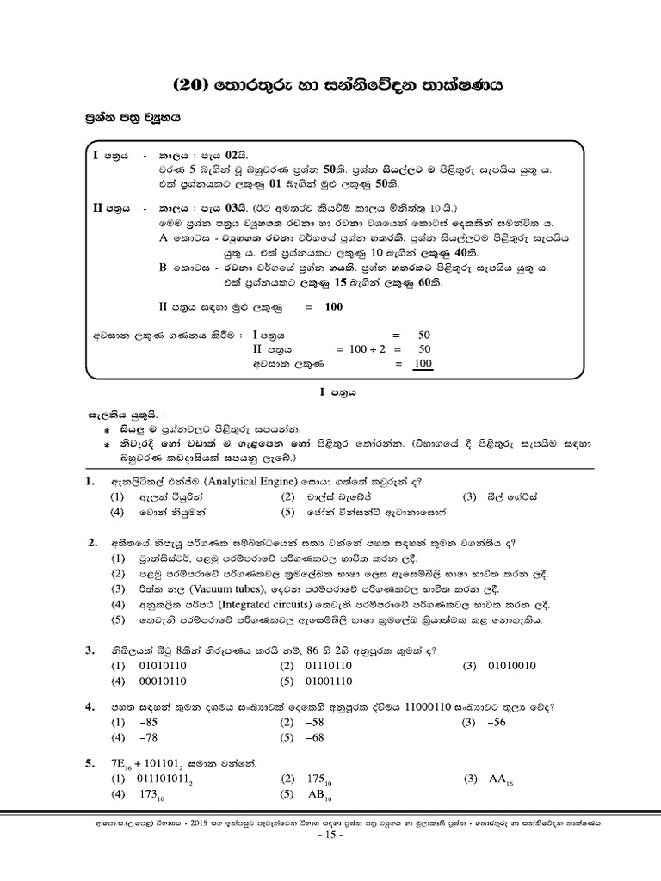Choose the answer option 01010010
(x=512, y=666)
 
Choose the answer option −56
(x=497, y=723)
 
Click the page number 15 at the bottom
(x=331, y=835)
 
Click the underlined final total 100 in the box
(x=422, y=365)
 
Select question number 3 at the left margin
(x=89, y=651)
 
